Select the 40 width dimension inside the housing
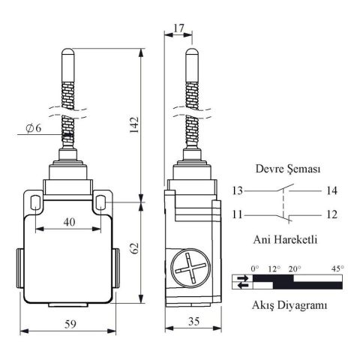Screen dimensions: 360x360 click(68, 221)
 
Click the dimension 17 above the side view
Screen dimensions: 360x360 click(177, 28)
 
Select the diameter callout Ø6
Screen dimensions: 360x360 click(32, 128)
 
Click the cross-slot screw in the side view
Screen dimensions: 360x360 click(187, 268)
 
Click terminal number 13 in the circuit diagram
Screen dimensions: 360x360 click(238, 190)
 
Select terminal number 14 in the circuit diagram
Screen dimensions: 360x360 click(331, 190)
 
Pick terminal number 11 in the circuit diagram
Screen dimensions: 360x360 click(238, 214)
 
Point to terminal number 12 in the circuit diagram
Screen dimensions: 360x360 click(331, 214)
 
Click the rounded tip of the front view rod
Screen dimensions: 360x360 click(68, 53)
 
